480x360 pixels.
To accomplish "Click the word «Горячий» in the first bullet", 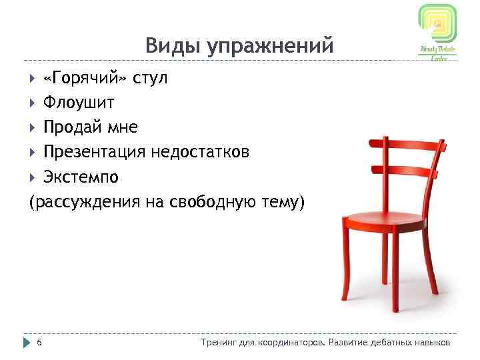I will click(x=84, y=79).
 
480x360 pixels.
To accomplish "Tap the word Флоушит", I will click(x=79, y=103).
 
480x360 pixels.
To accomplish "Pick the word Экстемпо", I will click(x=81, y=177).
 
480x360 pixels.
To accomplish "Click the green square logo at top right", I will click(x=437, y=25).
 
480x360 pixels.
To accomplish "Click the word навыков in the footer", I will click(x=431, y=342).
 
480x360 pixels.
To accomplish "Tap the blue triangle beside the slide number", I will click(x=27, y=342).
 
